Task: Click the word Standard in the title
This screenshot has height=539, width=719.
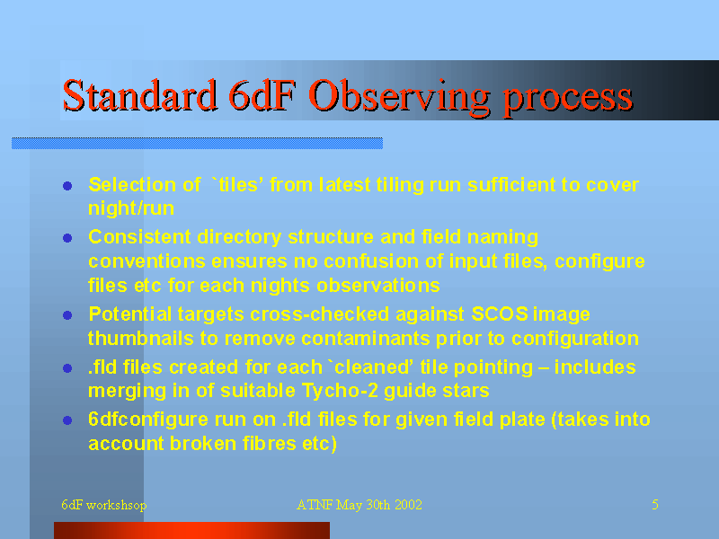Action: [x=139, y=95]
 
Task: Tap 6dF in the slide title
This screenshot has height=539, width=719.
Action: [x=260, y=95]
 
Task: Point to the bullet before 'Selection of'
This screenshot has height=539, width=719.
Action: [x=67, y=186]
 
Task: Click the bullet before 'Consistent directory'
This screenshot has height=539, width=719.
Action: [x=67, y=238]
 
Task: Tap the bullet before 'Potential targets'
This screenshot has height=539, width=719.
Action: [x=67, y=315]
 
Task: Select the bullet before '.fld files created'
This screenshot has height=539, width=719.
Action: [x=67, y=368]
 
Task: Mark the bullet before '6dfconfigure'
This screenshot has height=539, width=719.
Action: [x=67, y=420]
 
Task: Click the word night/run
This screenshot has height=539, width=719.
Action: [x=131, y=208]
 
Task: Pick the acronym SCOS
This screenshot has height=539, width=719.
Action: [x=500, y=314]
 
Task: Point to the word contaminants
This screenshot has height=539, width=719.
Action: [x=365, y=339]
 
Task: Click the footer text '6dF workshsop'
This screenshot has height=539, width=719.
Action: [x=104, y=505]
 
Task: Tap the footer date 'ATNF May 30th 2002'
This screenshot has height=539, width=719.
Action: [x=359, y=505]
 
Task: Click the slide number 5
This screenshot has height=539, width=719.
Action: [x=655, y=505]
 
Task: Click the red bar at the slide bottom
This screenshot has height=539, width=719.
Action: [x=191, y=530]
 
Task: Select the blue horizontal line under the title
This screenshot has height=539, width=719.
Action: [x=197, y=143]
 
